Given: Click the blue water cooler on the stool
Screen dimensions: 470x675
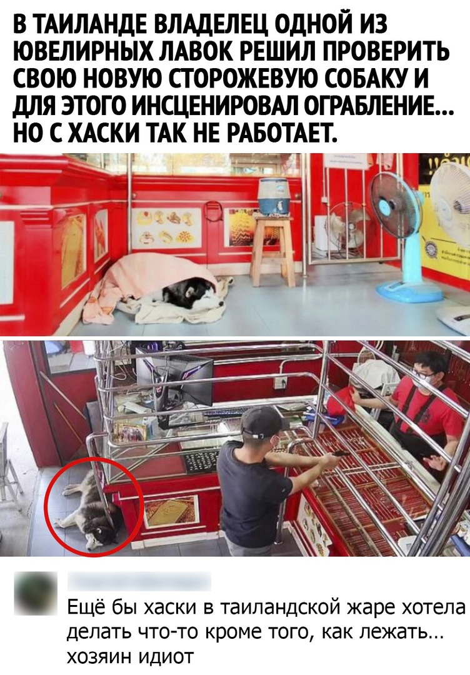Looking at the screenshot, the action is [273, 196].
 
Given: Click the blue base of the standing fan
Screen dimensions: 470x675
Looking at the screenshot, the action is [409, 291].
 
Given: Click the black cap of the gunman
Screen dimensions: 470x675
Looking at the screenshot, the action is [261, 421].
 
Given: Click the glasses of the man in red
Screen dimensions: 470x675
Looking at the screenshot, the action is [422, 376].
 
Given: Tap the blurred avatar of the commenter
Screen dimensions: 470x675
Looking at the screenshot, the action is [36, 592].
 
